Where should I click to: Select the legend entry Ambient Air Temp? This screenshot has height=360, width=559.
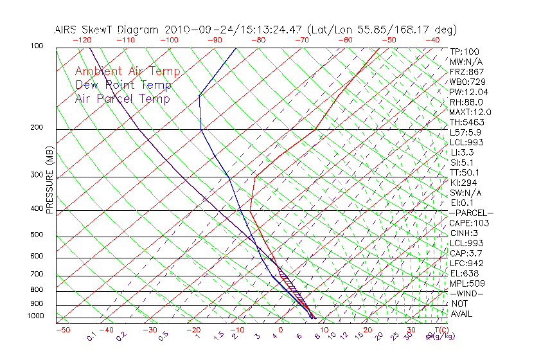click(x=127, y=71)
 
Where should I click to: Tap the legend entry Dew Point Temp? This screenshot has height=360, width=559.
click(x=123, y=85)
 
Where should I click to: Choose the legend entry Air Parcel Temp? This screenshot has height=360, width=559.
click(x=122, y=98)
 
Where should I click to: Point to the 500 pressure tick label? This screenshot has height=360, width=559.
click(x=37, y=235)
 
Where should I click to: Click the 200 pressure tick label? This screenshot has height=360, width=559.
click(x=37, y=128)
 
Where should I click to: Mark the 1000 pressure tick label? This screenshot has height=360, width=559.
click(x=35, y=316)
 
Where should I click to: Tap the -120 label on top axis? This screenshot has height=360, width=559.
click(x=82, y=40)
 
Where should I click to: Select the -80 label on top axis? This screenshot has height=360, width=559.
click(x=257, y=40)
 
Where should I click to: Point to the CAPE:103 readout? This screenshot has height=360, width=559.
click(x=469, y=223)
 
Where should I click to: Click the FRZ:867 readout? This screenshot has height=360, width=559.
click(x=466, y=72)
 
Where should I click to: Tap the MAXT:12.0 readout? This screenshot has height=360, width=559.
click(x=470, y=112)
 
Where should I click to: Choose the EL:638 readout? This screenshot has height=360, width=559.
click(x=465, y=273)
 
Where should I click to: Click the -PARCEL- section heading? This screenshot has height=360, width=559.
click(x=471, y=213)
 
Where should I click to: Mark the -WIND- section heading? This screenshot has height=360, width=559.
click(x=467, y=293)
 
